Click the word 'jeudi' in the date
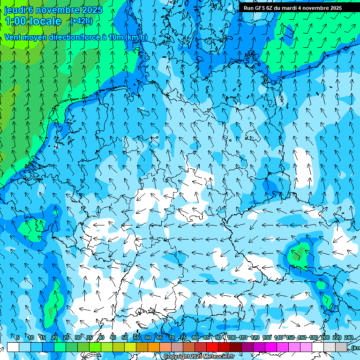(15, 10)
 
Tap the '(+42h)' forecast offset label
(81, 21)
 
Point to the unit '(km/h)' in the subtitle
(136, 37)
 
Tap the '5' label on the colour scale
(18, 338)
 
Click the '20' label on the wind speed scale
(54, 338)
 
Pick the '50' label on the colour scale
(124, 338)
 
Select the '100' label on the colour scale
(231, 338)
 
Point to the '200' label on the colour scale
(325, 338)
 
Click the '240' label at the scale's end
(348, 338)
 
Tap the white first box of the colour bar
(13, 347)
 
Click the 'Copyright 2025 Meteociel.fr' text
(199, 357)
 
